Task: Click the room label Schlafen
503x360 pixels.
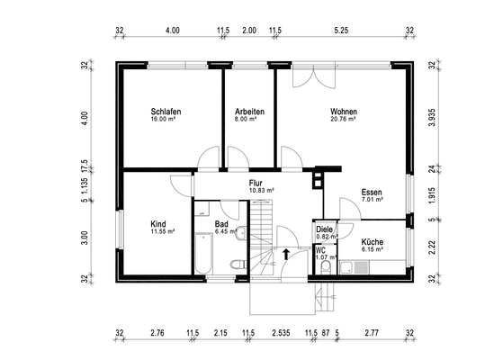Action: (x=166, y=112)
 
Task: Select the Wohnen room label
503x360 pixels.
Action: (x=344, y=112)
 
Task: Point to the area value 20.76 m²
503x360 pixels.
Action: (x=344, y=119)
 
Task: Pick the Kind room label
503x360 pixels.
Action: (x=158, y=223)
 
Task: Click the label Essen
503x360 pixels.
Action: (x=372, y=193)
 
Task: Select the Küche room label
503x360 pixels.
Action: (x=373, y=242)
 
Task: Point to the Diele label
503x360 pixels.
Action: (x=325, y=229)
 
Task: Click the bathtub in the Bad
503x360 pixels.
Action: (x=202, y=255)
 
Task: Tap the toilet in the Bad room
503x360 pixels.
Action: (x=237, y=265)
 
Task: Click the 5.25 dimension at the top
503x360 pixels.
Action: (x=341, y=31)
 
